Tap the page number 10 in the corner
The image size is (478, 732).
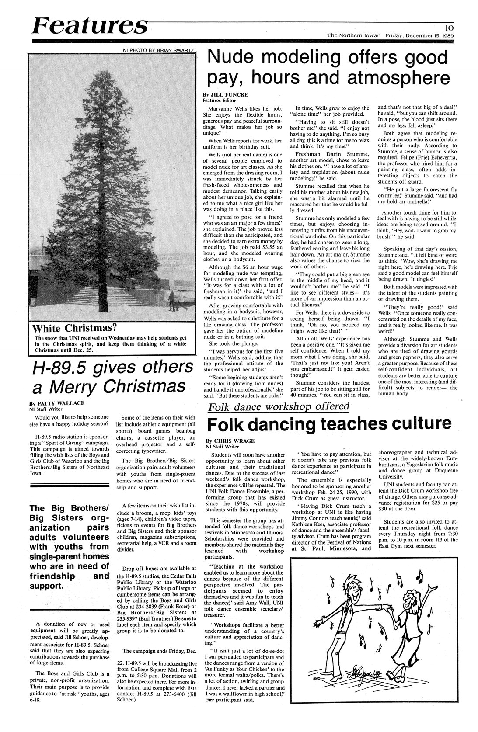447,26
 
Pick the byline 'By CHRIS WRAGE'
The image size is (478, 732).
230,441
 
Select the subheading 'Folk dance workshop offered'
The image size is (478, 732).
279,406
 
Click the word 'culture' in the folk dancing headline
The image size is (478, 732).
412,423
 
